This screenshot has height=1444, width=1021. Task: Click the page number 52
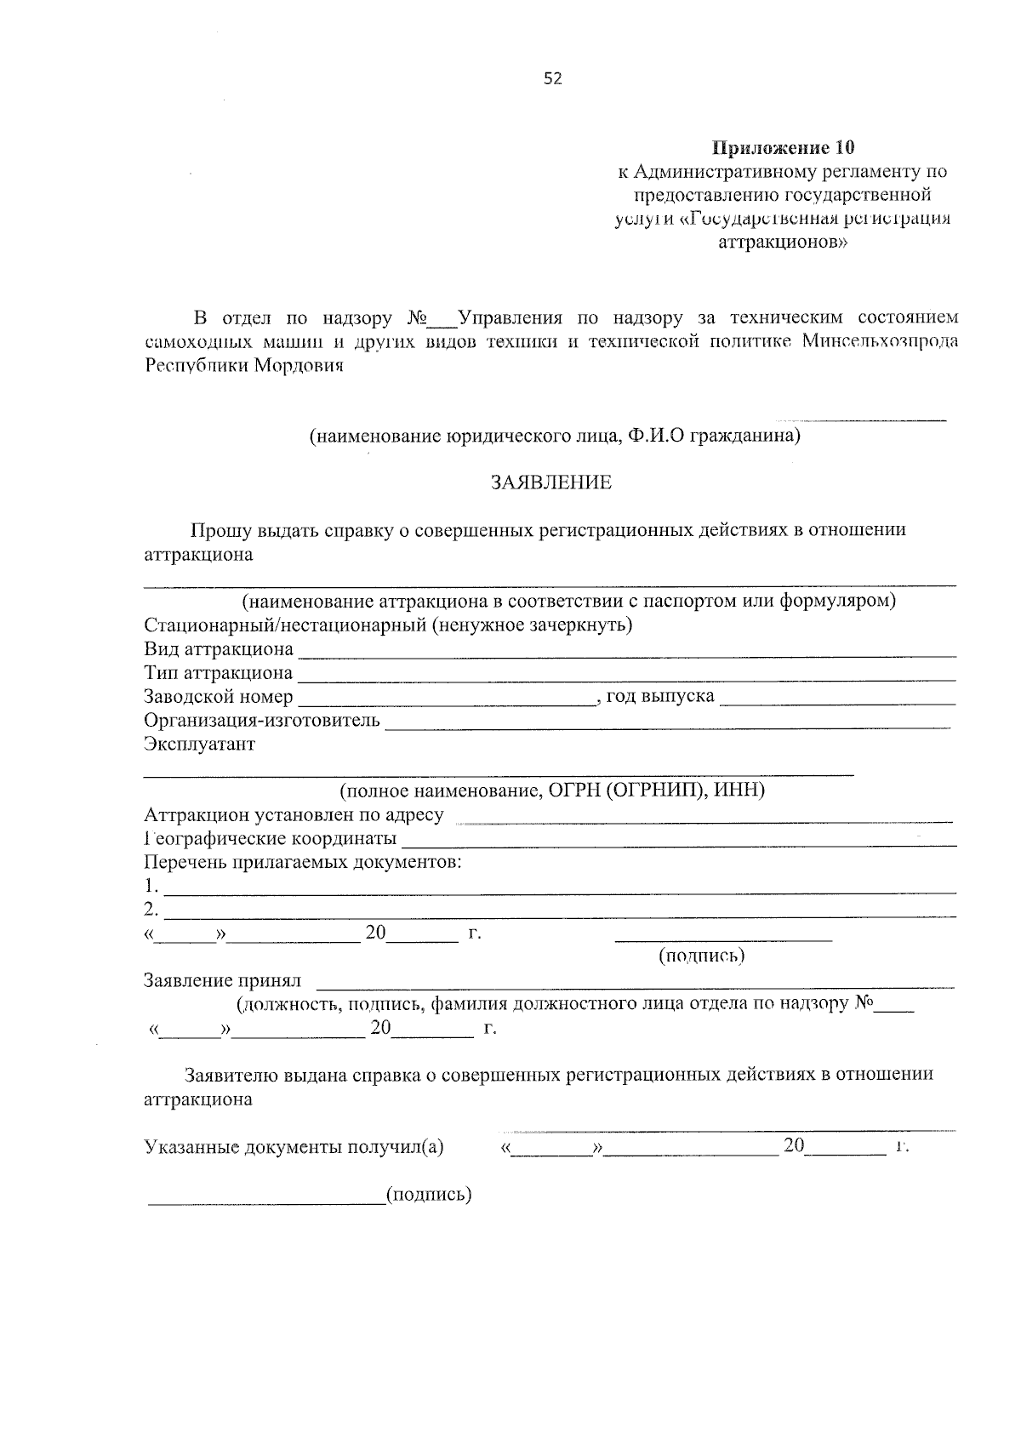[x=553, y=79]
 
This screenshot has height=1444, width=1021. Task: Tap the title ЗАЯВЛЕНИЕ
[x=550, y=482]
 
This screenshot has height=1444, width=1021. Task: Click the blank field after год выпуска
[x=838, y=701]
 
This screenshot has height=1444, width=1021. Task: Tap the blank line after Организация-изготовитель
[x=668, y=725]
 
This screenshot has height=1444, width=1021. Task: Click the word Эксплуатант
[x=200, y=745]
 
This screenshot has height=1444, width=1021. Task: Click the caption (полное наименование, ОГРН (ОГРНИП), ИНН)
[x=553, y=790]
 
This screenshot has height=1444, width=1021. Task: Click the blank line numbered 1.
[x=560, y=890]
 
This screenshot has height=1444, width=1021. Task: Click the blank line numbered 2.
[x=560, y=914]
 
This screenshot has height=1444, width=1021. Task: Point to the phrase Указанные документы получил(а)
[x=294, y=1147]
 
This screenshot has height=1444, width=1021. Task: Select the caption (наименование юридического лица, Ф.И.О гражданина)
[x=555, y=437]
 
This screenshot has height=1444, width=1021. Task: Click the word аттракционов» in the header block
[x=783, y=242]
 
